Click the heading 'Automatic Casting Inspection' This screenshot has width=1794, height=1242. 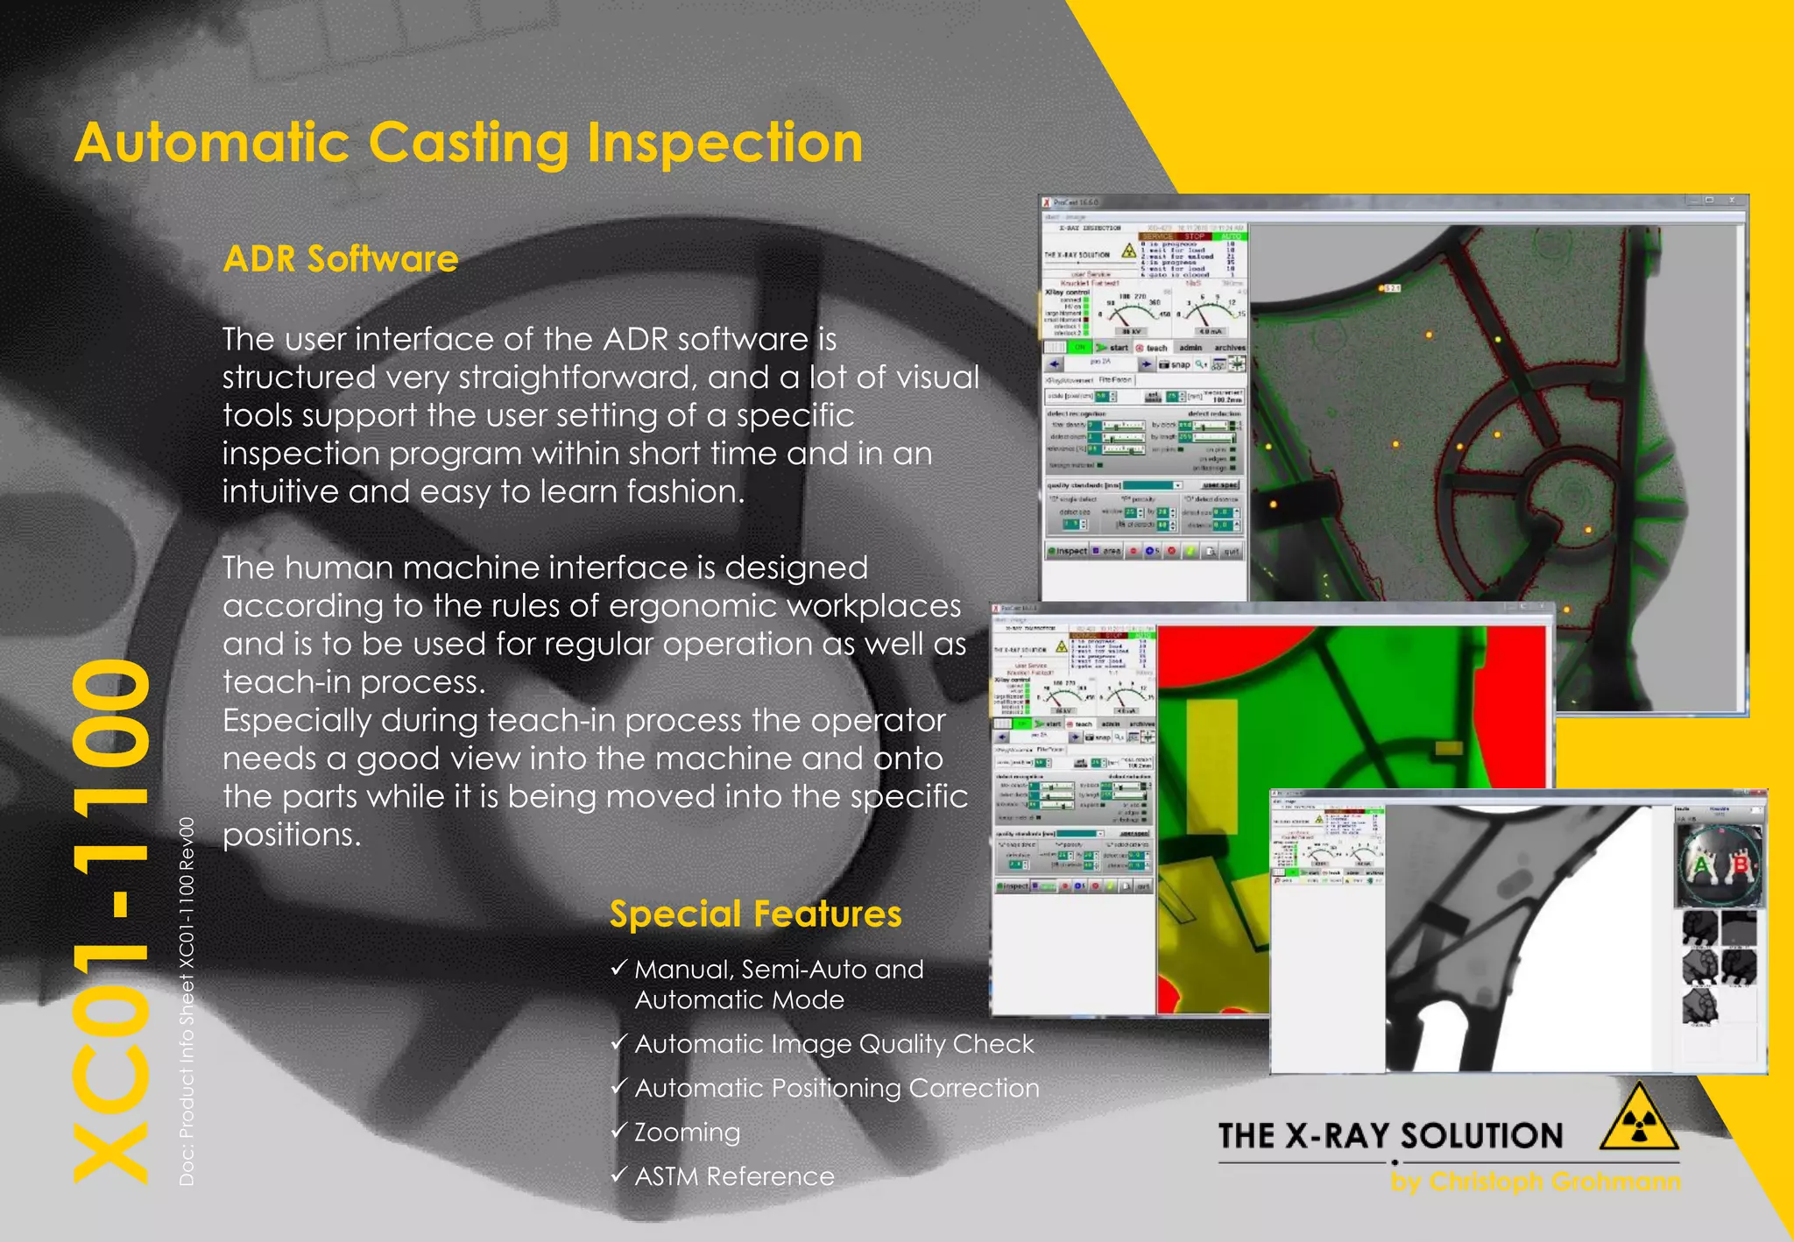[x=469, y=144]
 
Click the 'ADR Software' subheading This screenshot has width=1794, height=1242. [x=341, y=259]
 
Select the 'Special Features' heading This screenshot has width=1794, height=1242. [x=755, y=914]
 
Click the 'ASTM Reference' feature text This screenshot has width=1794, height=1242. [x=734, y=1176]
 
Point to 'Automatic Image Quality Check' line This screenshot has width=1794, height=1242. [x=834, y=1044]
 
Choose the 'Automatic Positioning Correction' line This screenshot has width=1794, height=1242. [x=837, y=1088]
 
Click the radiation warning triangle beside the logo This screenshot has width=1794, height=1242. [x=1638, y=1119]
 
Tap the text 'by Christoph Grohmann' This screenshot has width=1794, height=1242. [x=1536, y=1182]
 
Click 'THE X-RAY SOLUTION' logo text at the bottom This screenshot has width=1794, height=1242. [x=1390, y=1136]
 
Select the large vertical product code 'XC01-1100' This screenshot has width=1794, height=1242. [x=112, y=920]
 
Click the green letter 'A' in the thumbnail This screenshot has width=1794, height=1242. [x=1701, y=866]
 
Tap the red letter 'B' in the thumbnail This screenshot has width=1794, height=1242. [x=1740, y=865]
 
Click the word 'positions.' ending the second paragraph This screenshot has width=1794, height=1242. [x=292, y=835]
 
